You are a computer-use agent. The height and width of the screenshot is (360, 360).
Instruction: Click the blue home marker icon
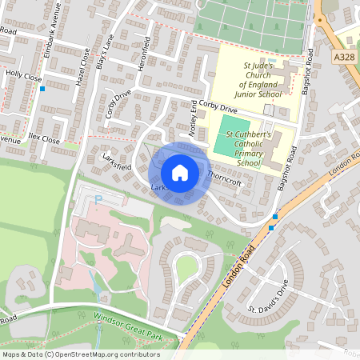(x=180, y=172)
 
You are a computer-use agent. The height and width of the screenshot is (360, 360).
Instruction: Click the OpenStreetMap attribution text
(x=81, y=354)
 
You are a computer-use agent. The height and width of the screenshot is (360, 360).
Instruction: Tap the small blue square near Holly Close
(x=42, y=89)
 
